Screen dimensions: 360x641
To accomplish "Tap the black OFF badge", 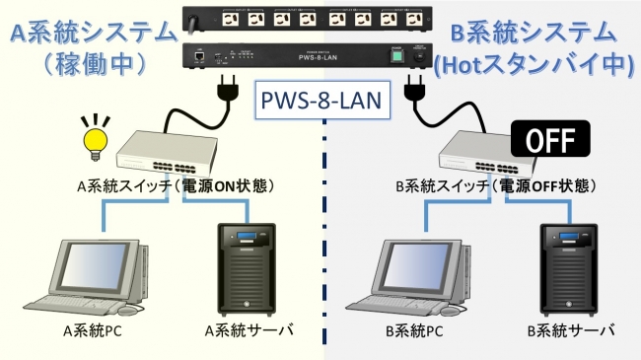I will coord(551,138).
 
